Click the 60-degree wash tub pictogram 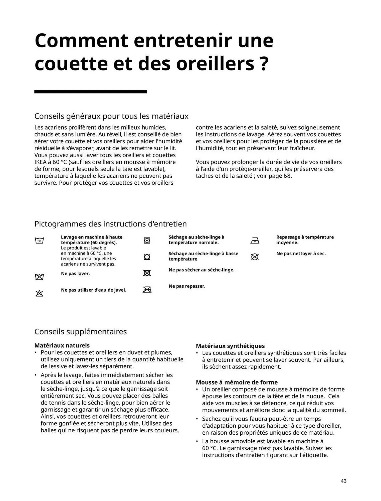click(x=39, y=241)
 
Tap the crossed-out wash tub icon click(x=39, y=277)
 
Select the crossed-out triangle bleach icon click(x=39, y=293)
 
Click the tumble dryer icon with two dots click(x=147, y=240)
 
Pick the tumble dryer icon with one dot click(x=147, y=257)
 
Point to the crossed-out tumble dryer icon click(x=147, y=273)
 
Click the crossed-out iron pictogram click(x=147, y=290)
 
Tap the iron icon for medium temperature click(x=255, y=241)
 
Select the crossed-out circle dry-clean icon click(x=255, y=257)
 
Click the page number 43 click(x=343, y=481)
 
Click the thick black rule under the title click(x=90, y=92)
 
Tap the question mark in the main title click(x=264, y=64)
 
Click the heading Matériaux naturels click(x=62, y=345)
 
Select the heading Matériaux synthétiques click(x=230, y=346)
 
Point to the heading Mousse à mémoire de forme click(x=237, y=382)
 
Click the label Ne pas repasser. click(x=187, y=286)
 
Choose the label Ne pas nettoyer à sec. click(x=301, y=254)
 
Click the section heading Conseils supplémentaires click(x=80, y=331)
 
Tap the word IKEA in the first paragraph click(x=40, y=162)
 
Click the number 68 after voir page click(x=287, y=176)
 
